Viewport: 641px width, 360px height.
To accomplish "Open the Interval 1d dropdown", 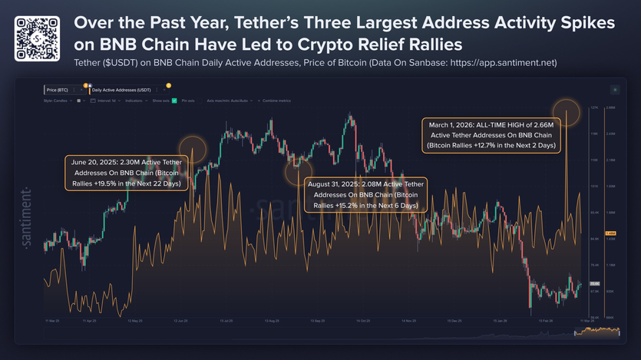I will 103,101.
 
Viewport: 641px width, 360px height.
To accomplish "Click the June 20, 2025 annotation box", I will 124,173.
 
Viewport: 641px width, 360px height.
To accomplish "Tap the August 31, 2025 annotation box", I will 365,195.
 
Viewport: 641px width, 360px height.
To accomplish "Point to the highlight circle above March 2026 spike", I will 567,110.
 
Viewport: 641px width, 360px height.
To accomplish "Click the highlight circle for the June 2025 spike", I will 192,148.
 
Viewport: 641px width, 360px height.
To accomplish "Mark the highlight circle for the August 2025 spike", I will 297,170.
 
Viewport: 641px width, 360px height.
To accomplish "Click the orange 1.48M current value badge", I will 611,233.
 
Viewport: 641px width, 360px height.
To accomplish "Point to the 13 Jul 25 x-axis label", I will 227,320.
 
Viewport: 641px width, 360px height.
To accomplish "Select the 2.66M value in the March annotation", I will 546,123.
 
